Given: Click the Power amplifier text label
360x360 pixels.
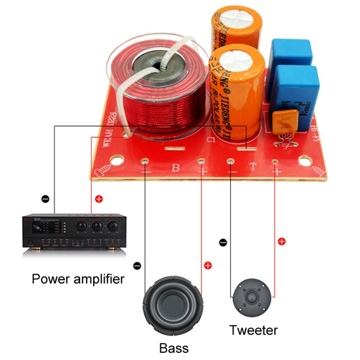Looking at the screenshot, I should click(x=78, y=279).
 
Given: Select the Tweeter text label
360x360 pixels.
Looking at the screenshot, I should click(x=253, y=330).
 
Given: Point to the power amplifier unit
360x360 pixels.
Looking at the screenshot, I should click(x=72, y=232).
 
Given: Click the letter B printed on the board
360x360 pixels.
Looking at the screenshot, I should click(x=175, y=168).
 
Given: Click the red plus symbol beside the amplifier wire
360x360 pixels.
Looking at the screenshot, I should click(x=99, y=198).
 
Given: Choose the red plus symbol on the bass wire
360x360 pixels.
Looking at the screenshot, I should click(x=208, y=265).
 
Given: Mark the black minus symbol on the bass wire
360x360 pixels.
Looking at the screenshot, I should click(x=137, y=264).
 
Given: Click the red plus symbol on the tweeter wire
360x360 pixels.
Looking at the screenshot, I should click(x=282, y=241).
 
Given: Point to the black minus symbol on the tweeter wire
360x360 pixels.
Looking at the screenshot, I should click(x=223, y=243).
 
